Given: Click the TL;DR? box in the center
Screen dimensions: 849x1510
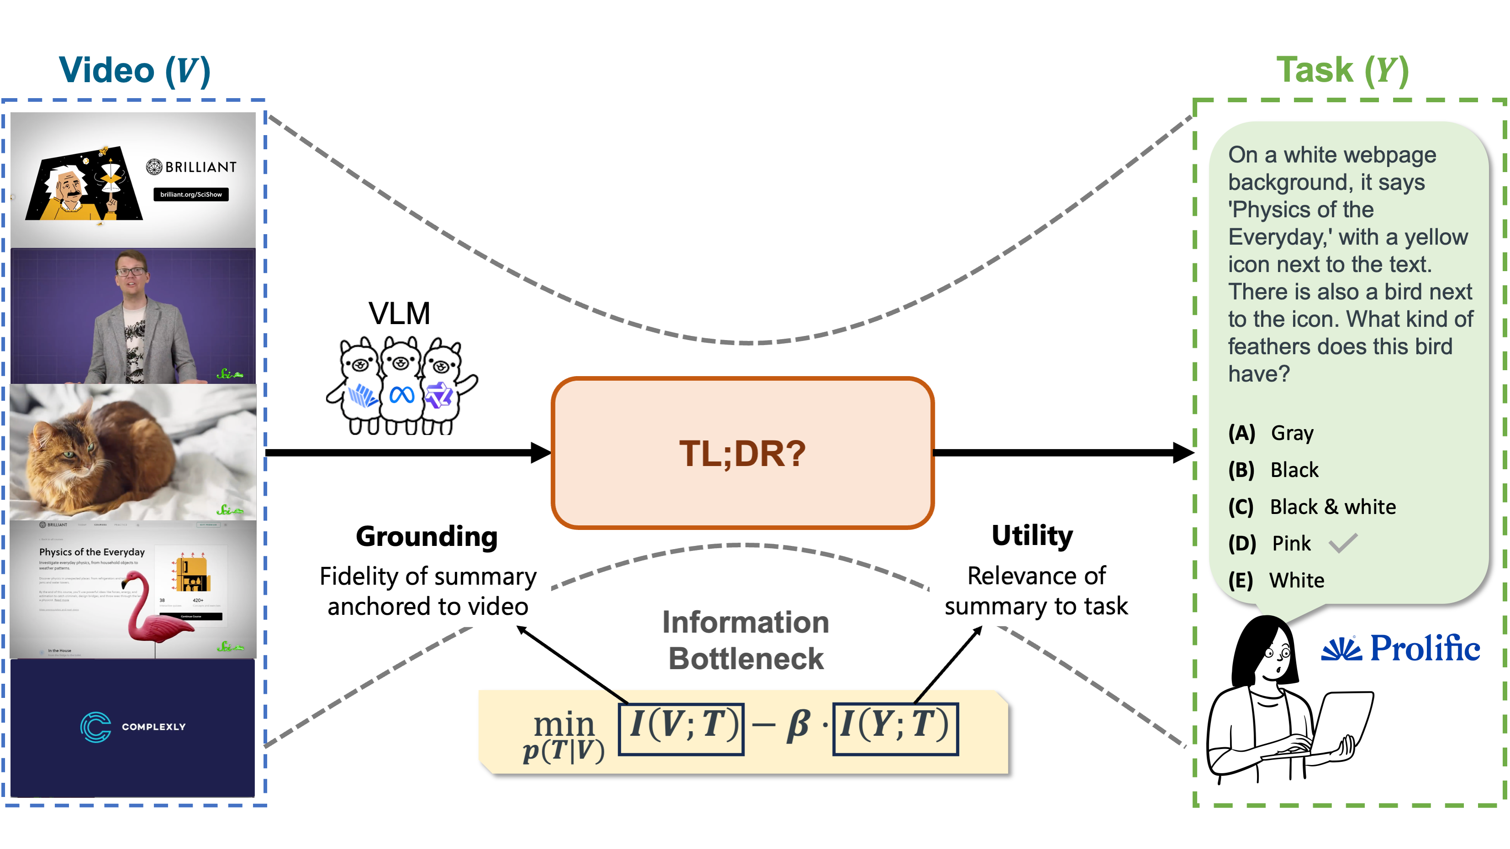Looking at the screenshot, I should pyautogui.click(x=742, y=453).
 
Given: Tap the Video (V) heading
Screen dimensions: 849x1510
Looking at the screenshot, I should pyautogui.click(x=134, y=71).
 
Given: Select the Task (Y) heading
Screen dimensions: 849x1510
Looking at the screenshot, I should pyautogui.click(x=1342, y=71).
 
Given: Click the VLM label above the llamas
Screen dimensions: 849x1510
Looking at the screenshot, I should pyautogui.click(x=399, y=314).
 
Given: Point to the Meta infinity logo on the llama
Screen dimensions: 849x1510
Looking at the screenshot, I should pyautogui.click(x=402, y=395).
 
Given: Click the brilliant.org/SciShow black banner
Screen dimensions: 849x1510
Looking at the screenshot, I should pyautogui.click(x=191, y=194).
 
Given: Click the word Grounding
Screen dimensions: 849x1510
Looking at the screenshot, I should pyautogui.click(x=427, y=537).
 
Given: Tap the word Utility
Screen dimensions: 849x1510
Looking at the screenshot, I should pyautogui.click(x=1032, y=535).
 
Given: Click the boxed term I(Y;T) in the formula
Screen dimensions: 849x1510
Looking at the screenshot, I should pyautogui.click(x=895, y=728).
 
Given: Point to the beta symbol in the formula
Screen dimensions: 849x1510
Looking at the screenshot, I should pyautogui.click(x=798, y=727).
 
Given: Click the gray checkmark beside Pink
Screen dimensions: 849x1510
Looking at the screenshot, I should pyautogui.click(x=1343, y=543).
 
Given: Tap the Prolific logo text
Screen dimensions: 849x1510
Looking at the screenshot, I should pyautogui.click(x=1425, y=648).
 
